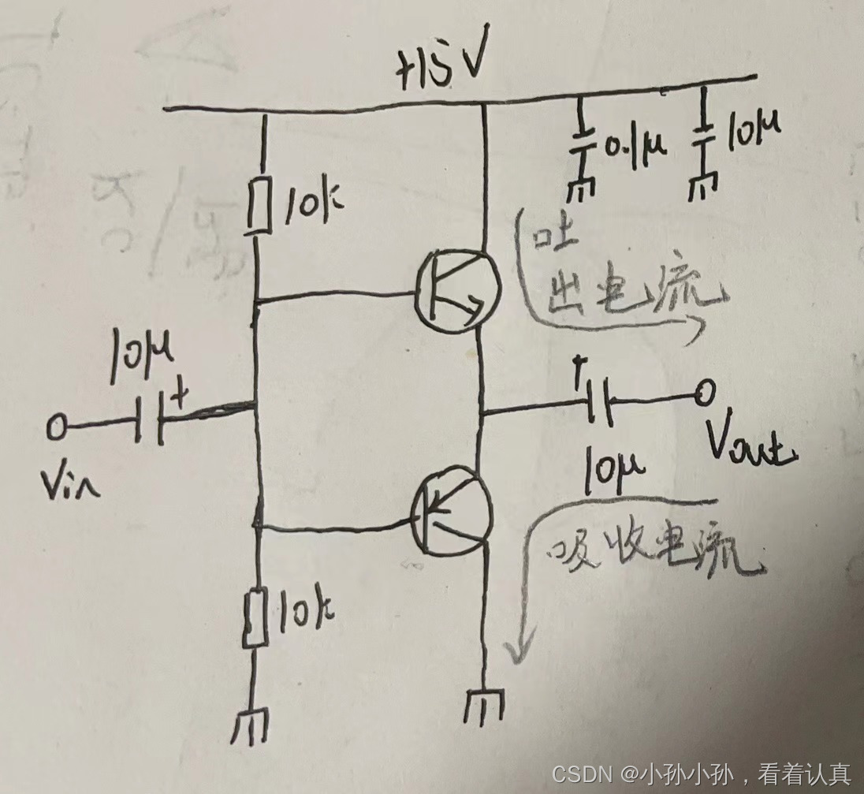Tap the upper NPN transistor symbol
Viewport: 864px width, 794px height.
455,289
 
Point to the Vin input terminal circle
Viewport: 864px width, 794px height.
57,428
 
